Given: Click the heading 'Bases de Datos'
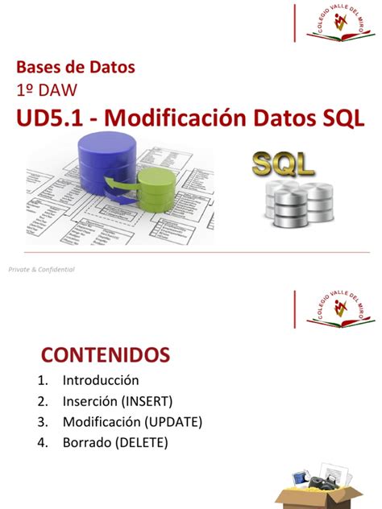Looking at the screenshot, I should point(77,67).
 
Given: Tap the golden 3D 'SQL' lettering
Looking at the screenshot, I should point(283,165).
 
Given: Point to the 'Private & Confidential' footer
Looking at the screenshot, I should point(42,270).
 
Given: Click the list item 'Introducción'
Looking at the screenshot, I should point(99,380).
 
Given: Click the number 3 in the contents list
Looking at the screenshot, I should point(40,422).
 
